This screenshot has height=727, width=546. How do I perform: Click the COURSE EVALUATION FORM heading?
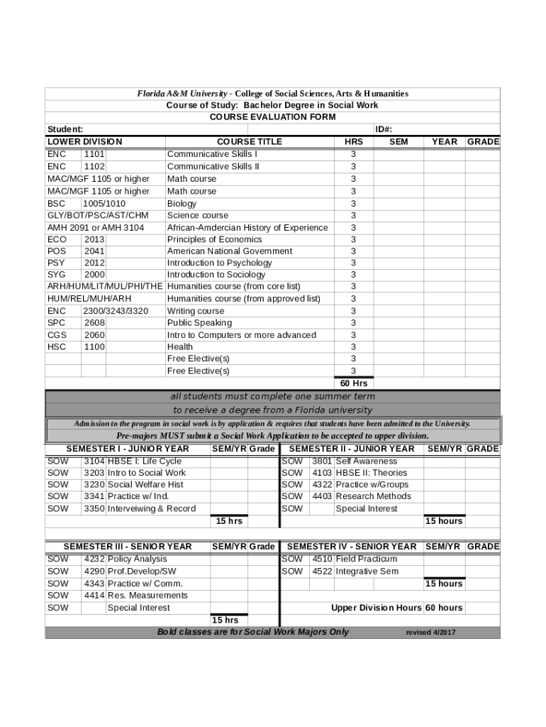273,117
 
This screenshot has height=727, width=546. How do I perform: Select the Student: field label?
65,129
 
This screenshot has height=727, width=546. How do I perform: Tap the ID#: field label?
384,129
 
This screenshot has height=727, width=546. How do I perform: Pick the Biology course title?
182,204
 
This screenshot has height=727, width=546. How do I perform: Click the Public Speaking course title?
199,323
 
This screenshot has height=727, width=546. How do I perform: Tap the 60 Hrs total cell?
354,383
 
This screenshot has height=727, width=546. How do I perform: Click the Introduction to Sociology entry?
216,275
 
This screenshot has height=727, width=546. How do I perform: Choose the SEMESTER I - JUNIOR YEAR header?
128,449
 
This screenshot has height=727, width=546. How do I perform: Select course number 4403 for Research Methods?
322,496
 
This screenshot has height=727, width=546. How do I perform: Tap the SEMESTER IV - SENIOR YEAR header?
352,547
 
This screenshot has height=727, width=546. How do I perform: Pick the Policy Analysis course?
137,559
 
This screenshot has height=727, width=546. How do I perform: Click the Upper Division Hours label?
376,608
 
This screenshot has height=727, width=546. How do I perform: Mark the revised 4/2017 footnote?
430,633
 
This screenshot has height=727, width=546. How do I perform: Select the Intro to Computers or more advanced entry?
242,335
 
